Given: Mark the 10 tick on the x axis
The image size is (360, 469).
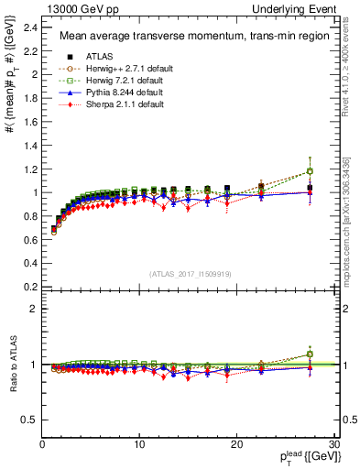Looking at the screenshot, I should pyautogui.click(x=139, y=443).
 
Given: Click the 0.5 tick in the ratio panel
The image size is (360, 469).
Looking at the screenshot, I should pyautogui.click(x=29, y=420).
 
